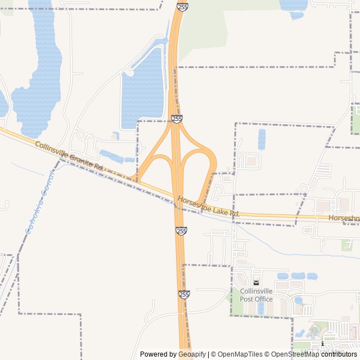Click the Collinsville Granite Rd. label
pyautogui.click(x=70, y=156)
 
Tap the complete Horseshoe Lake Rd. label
pyautogui.click(x=209, y=206)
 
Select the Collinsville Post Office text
pyautogui.click(x=256, y=295)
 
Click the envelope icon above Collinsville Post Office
pyautogui.click(x=256, y=282)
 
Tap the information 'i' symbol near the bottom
pyautogui.click(x=322, y=343)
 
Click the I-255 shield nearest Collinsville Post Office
pyautogui.click(x=184, y=294)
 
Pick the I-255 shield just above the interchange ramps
pyautogui.click(x=177, y=119)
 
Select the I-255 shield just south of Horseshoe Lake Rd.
pyautogui.click(x=181, y=231)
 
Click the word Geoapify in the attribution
pyautogui.click(x=193, y=354)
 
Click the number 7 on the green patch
pyautogui.click(x=349, y=245)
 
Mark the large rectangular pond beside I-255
pyautogui.click(x=143, y=90)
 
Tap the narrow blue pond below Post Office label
pyautogui.click(x=260, y=308)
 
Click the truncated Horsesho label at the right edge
pyautogui.click(x=344, y=218)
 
